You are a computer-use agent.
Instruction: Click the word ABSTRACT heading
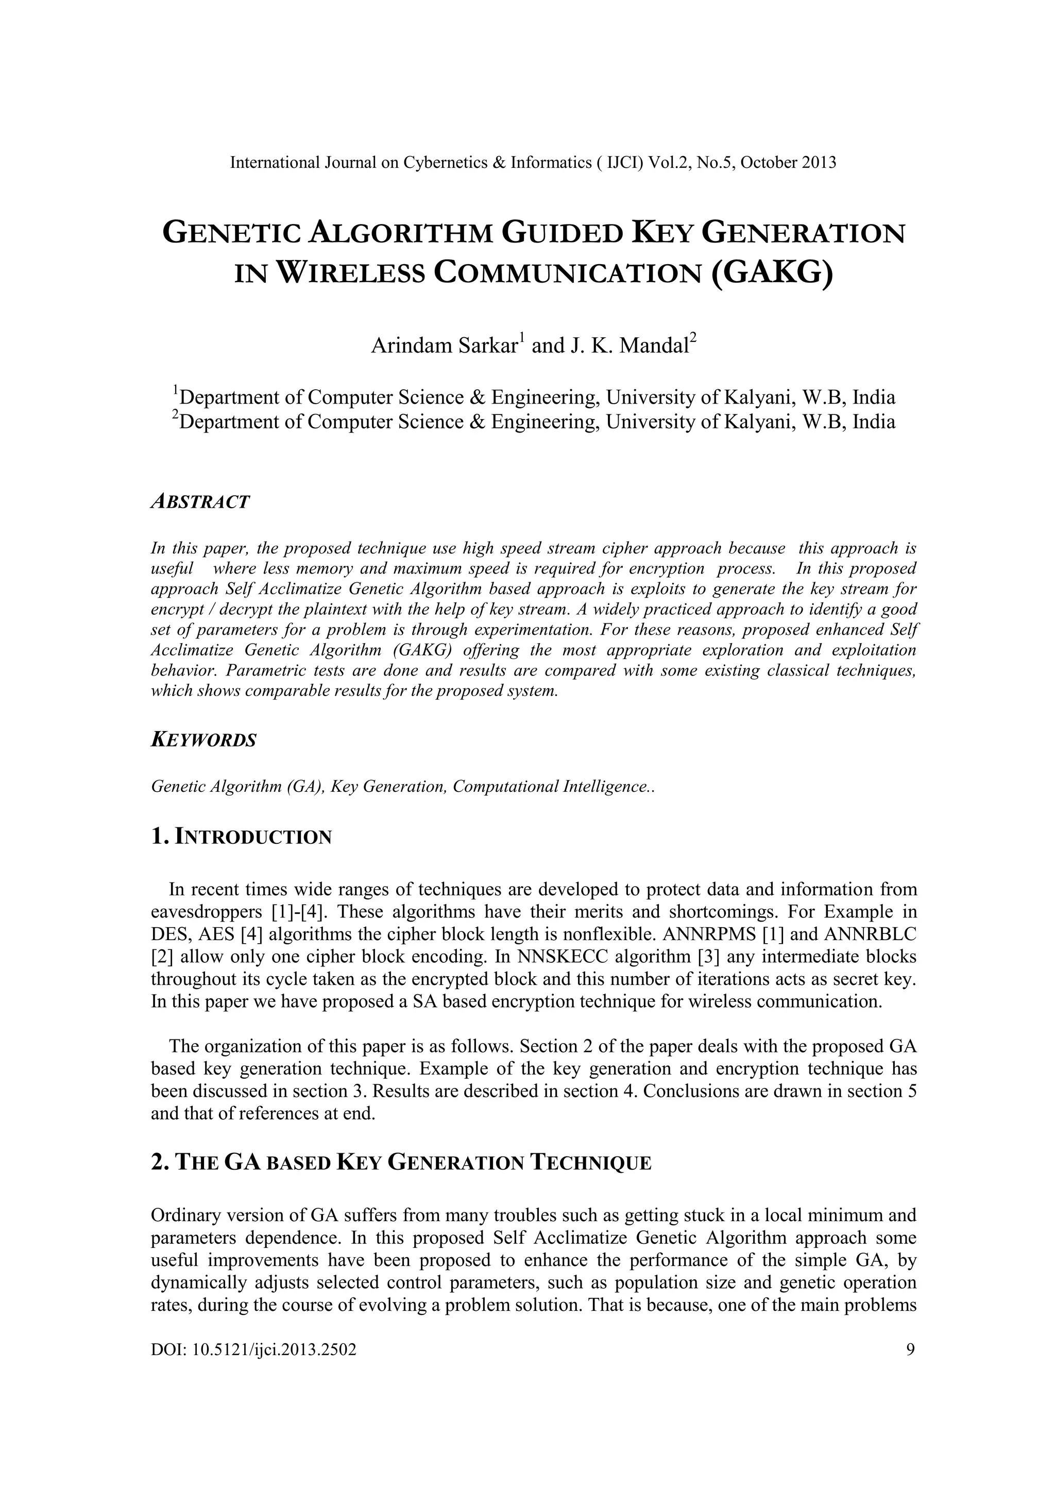[199, 502]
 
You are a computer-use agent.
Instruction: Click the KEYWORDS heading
[203, 740]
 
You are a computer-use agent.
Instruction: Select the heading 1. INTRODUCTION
[241, 837]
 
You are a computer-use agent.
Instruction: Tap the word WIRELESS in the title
[351, 272]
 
